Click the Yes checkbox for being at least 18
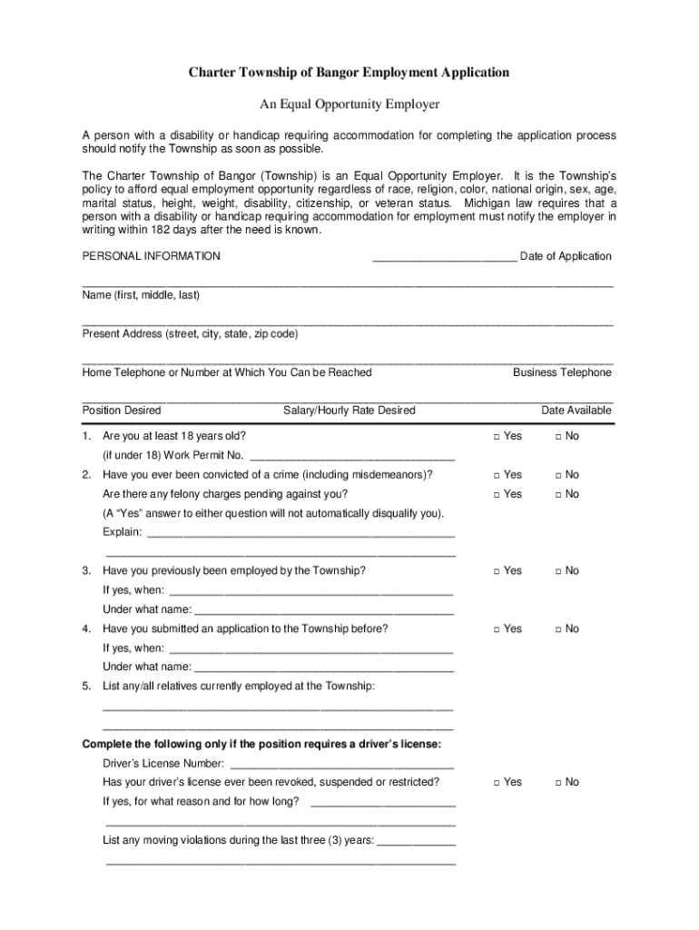click(497, 437)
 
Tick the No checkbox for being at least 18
click(558, 437)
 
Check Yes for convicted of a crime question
click(497, 475)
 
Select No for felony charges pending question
click(558, 494)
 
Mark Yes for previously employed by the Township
click(497, 571)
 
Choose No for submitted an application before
click(558, 629)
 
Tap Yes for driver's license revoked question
click(497, 782)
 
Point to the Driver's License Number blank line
click(341, 766)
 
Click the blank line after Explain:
click(300, 534)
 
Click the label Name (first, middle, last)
click(141, 295)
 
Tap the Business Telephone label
click(562, 372)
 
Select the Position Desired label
click(122, 411)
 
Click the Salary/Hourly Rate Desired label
click(349, 411)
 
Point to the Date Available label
click(576, 411)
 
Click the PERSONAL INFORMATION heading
click(151, 256)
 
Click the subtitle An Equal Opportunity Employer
click(349, 104)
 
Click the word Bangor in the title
click(330, 72)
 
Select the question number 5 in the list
click(86, 686)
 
